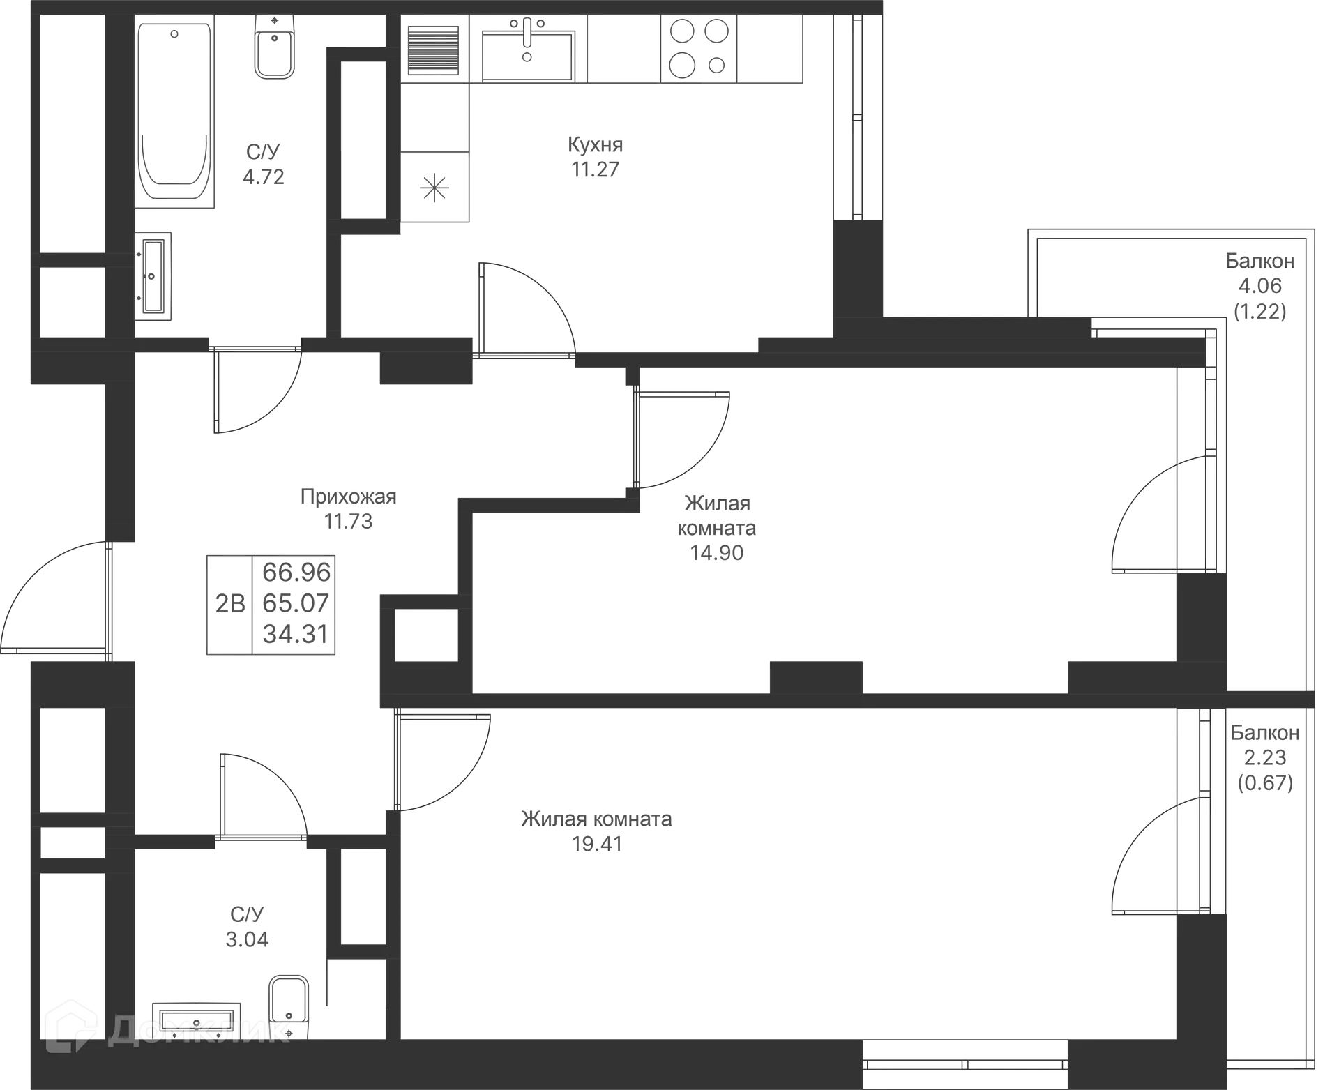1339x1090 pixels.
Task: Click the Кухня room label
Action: point(595,145)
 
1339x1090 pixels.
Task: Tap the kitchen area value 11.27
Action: point(595,169)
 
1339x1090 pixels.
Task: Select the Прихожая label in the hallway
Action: point(348,497)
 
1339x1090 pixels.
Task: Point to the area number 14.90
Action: point(717,553)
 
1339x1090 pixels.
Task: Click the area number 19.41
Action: point(598,844)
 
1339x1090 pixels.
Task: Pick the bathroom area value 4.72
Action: point(264,176)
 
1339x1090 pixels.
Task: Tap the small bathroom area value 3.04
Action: point(248,939)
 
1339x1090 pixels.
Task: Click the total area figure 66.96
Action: point(296,572)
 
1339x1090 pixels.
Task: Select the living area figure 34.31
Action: point(296,634)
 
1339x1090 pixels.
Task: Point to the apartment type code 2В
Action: point(229,603)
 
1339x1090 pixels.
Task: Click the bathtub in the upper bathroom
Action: point(175,112)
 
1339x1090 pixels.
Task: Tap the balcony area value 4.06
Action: point(1260,286)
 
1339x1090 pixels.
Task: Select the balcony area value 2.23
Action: point(1264,757)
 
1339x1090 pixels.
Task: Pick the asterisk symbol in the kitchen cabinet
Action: point(434,187)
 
